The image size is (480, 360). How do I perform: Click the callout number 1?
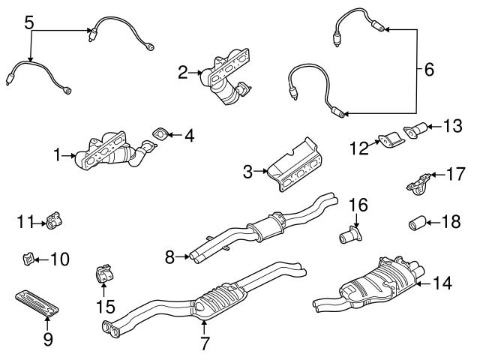click(57, 156)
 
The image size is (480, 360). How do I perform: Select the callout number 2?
click(182, 73)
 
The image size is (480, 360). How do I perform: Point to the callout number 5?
click(28, 22)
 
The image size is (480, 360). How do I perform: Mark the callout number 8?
click(169, 257)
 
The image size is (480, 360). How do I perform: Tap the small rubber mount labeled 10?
click(26, 260)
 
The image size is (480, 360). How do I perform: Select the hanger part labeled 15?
click(102, 276)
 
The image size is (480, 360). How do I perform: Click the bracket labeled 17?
click(418, 182)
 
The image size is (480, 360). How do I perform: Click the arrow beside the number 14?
click(423, 283)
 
